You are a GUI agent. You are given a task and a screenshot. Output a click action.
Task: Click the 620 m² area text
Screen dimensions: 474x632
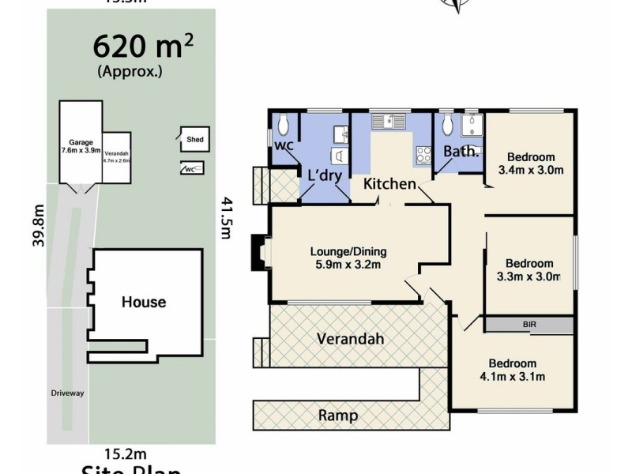(143, 47)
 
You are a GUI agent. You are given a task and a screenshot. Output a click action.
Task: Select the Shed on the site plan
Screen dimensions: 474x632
(194, 140)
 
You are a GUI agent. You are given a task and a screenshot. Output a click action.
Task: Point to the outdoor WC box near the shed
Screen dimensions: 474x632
(192, 168)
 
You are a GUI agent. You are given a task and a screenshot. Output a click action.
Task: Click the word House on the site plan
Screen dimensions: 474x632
(143, 302)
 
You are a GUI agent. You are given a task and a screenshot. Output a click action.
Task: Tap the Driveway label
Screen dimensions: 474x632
(68, 393)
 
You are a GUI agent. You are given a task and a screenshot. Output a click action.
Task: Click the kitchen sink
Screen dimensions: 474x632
(388, 121)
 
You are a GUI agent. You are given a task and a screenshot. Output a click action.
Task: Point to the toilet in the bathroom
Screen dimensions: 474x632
(448, 124)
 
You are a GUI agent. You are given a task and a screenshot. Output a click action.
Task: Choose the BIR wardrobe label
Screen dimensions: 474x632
(529, 325)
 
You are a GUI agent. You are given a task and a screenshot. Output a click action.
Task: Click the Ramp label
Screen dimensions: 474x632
(337, 415)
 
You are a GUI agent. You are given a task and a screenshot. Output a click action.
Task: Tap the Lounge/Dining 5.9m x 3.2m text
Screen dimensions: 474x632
(348, 258)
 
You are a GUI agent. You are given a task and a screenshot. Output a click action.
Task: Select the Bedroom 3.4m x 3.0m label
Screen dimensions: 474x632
(531, 163)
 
